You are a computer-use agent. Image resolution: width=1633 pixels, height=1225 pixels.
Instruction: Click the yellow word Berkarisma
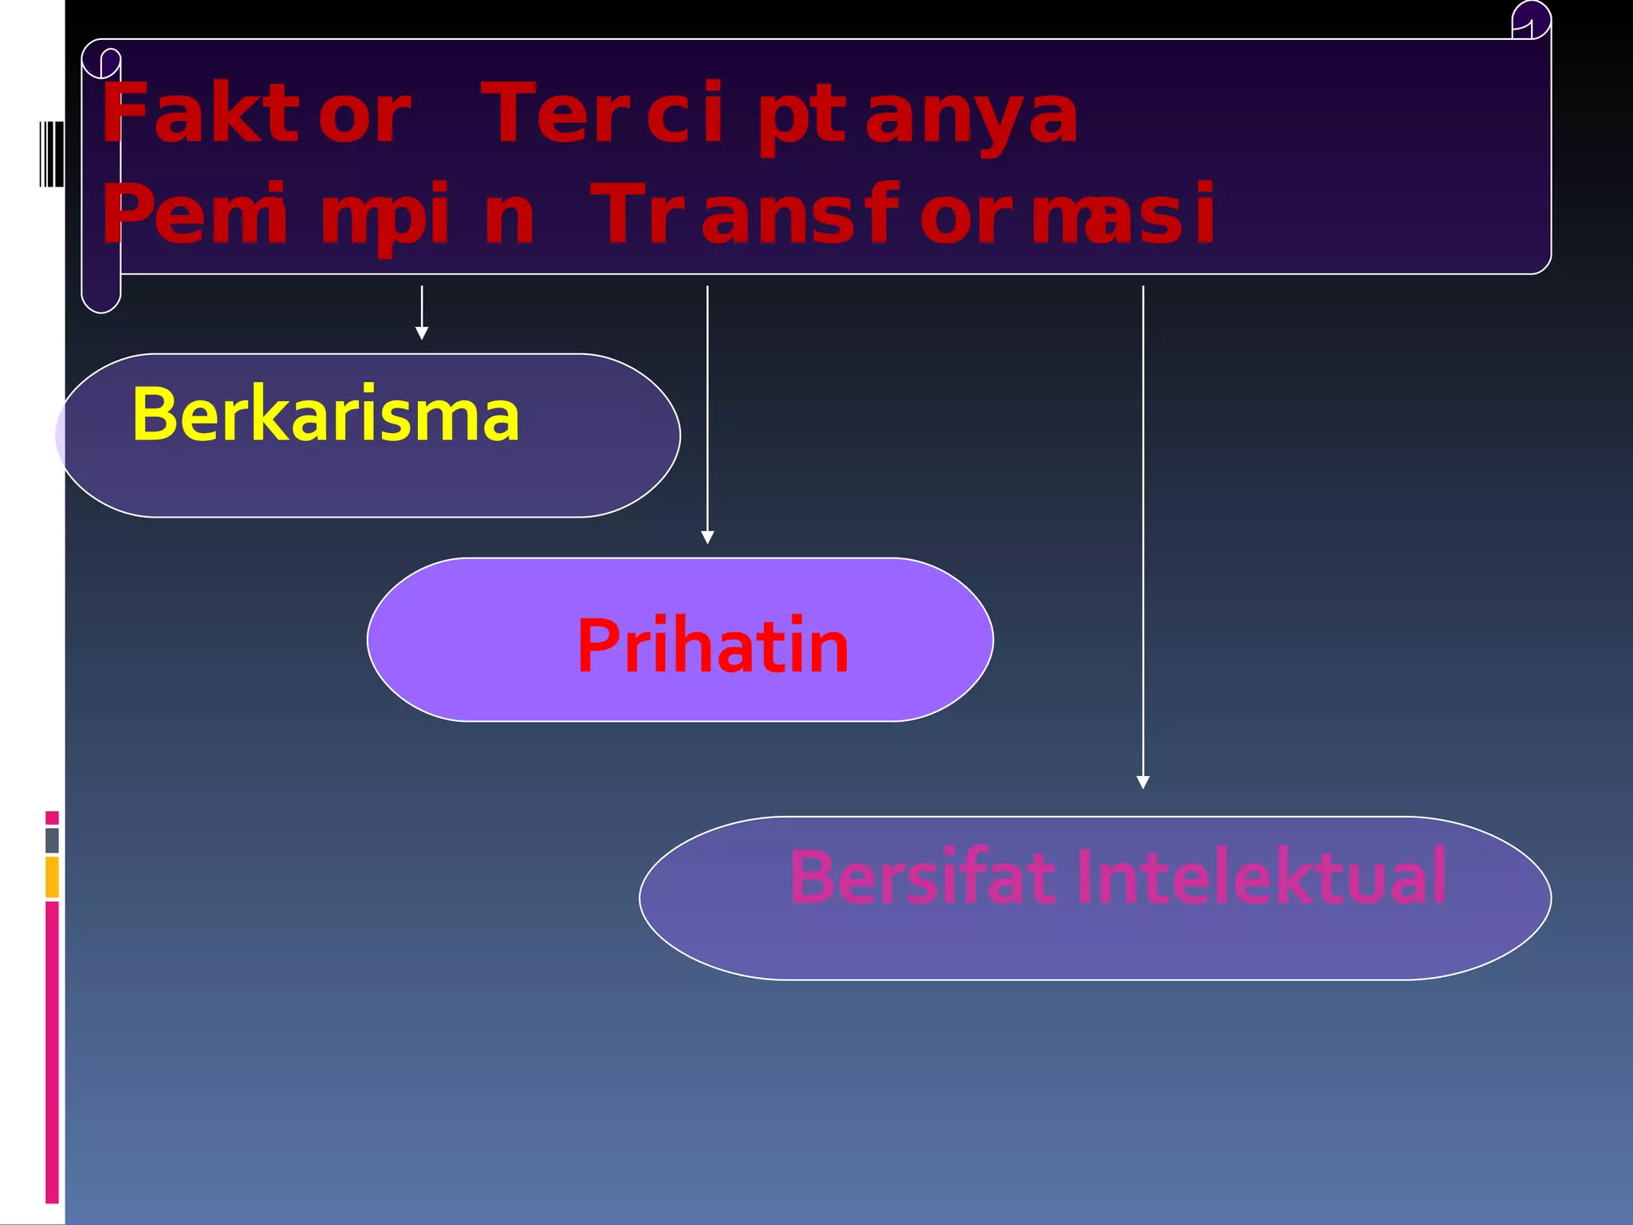[x=325, y=415]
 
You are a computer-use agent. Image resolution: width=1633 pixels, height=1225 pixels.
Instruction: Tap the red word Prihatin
[x=712, y=646]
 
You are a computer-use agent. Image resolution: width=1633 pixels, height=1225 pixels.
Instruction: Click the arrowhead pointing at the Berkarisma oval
[x=422, y=333]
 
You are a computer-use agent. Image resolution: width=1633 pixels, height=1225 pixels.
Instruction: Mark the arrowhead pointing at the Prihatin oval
[x=707, y=537]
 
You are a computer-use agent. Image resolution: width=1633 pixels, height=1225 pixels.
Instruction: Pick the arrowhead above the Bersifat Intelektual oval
[x=1143, y=782]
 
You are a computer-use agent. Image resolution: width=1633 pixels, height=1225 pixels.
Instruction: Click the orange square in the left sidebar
[x=52, y=876]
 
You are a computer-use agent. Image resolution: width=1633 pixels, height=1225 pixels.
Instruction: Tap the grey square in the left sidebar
[x=52, y=840]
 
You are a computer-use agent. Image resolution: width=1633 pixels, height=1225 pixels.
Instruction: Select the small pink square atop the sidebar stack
[x=52, y=817]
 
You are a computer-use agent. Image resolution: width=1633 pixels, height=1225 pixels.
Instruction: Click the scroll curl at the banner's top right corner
[x=1531, y=21]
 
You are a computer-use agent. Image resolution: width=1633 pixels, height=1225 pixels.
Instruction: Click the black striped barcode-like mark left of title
[x=51, y=154]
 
